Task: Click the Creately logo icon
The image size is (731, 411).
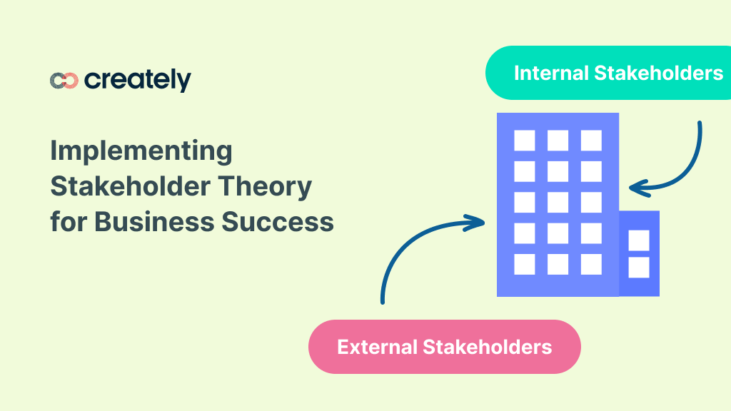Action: (64, 81)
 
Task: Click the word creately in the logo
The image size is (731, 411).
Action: (138, 80)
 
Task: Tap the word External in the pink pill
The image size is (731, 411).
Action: (377, 347)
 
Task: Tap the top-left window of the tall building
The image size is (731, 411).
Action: (525, 140)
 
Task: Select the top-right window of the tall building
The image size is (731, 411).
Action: (591, 140)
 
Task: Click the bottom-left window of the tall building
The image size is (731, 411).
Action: (525, 264)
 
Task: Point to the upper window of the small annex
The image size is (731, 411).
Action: (639, 240)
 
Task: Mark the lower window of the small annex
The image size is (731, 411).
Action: (639, 268)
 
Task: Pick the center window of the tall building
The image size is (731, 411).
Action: (558, 202)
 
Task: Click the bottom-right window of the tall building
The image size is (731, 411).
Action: (591, 264)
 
